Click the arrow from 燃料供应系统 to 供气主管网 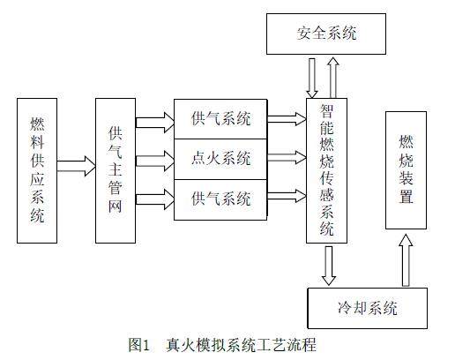pyautogui.click(x=76, y=166)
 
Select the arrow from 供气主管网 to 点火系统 pyautogui.click(x=155, y=161)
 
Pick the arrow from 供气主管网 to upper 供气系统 pyautogui.click(x=155, y=123)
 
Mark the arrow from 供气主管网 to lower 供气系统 pyautogui.click(x=155, y=199)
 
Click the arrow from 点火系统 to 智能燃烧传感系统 pyautogui.click(x=287, y=157)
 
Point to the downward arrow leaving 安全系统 pyautogui.click(x=312, y=78)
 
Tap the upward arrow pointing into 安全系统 pyautogui.click(x=333, y=78)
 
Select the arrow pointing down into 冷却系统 pyautogui.click(x=329, y=266)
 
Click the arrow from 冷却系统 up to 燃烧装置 pyautogui.click(x=406, y=260)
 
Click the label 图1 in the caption pyautogui.click(x=138, y=344)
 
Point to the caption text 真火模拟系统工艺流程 pyautogui.click(x=241, y=344)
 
